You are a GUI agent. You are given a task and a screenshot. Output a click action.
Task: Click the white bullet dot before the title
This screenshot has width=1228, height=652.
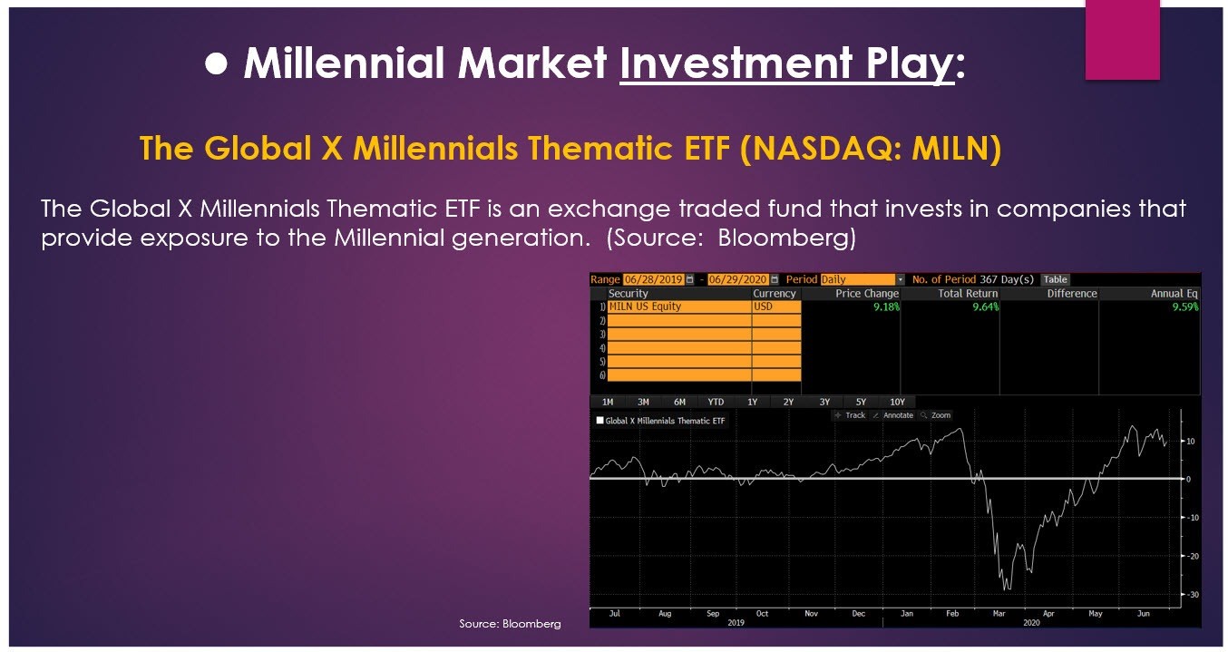[x=216, y=64]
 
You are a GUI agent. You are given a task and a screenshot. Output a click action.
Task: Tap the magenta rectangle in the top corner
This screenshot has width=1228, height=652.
[x=1122, y=40]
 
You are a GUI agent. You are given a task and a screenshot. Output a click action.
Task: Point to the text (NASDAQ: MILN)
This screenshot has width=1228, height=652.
[x=871, y=149]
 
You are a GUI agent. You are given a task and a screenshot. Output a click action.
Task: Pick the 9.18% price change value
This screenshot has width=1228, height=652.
[x=886, y=307]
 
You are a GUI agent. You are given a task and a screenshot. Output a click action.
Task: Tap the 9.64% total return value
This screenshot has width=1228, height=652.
[x=985, y=307]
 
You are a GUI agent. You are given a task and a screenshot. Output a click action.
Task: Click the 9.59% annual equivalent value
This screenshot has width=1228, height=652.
[x=1185, y=307]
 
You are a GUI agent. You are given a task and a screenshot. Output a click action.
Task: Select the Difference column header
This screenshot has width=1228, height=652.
[x=1072, y=294]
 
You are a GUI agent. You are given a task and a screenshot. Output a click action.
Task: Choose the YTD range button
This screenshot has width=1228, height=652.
[x=716, y=402]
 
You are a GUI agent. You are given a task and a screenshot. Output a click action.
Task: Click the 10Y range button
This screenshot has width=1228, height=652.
[x=897, y=402]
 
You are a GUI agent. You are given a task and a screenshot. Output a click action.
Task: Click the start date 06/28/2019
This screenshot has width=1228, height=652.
[x=654, y=279]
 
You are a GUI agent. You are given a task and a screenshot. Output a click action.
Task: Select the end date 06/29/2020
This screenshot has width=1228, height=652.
[x=738, y=279]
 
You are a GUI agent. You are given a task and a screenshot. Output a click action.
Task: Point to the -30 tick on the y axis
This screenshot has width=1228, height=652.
[x=1193, y=595]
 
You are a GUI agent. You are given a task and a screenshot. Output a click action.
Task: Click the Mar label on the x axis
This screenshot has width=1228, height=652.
[x=999, y=613]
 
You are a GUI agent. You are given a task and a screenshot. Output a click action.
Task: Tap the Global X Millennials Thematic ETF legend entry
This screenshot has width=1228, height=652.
[x=660, y=421]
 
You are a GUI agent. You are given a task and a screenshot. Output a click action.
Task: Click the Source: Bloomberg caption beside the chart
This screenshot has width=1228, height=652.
[x=510, y=624]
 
